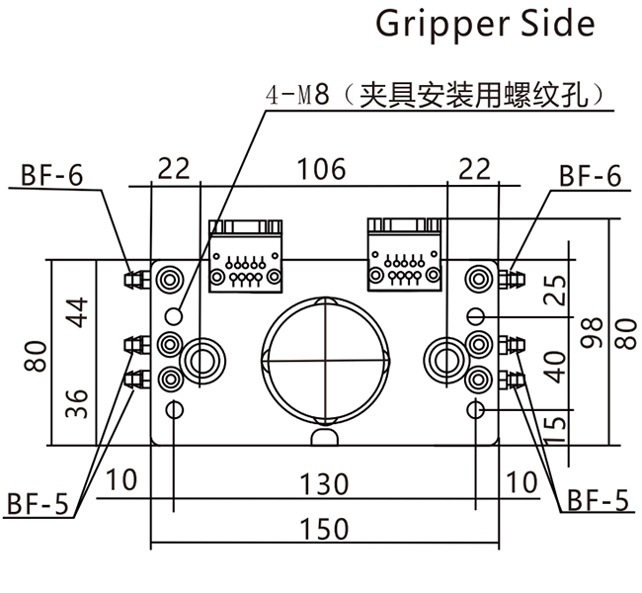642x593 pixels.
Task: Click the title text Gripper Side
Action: click(486, 24)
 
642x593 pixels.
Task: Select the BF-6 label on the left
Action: click(52, 177)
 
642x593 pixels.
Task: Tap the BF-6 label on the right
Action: click(590, 177)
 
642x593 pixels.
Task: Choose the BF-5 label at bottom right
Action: click(598, 500)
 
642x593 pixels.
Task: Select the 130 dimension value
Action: click(325, 484)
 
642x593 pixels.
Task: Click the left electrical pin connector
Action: click(246, 254)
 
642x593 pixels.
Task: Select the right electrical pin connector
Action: click(404, 254)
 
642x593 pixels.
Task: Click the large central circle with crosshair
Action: click(325, 359)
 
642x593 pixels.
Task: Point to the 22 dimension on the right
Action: click(473, 169)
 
